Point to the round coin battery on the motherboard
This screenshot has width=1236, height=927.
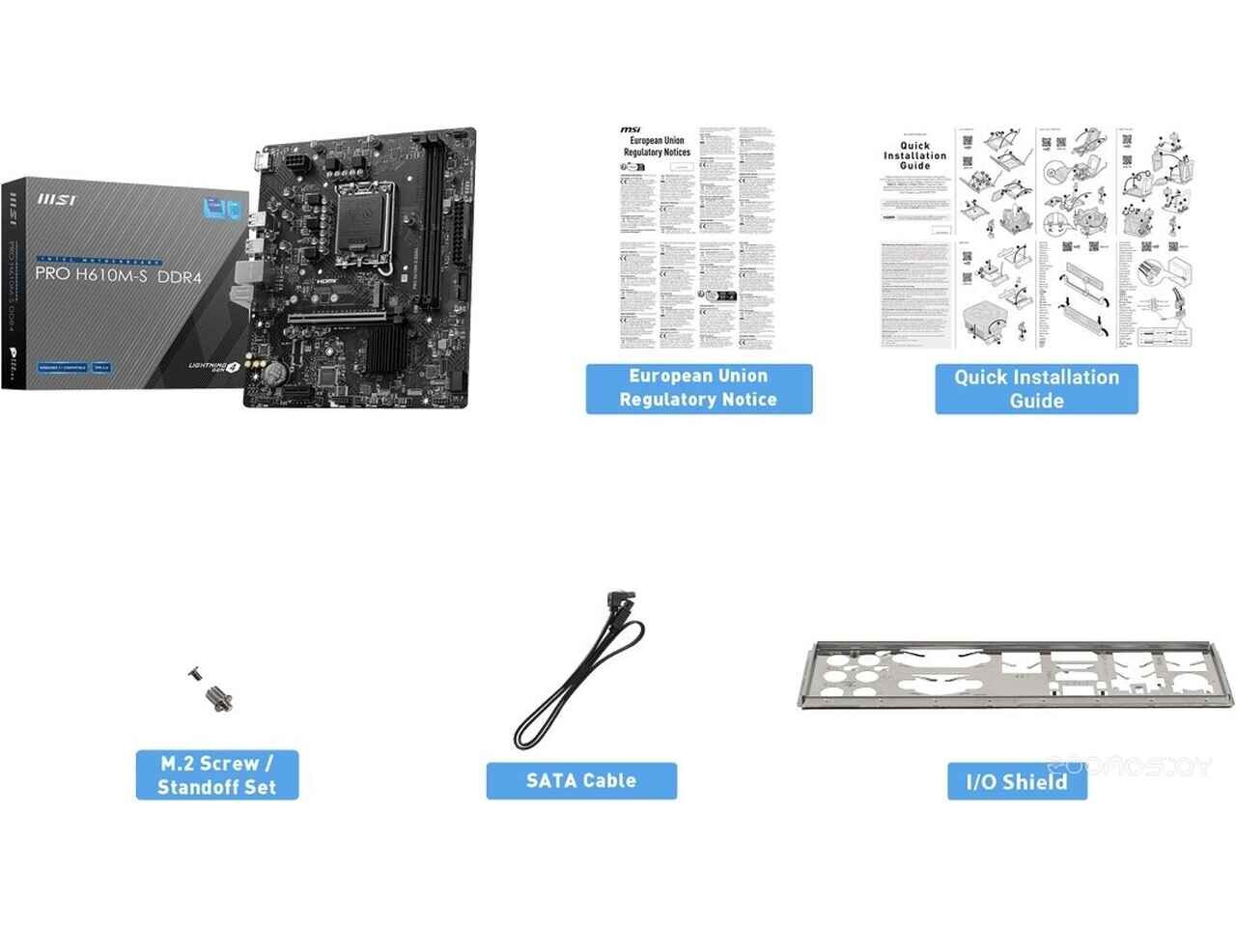[276, 370]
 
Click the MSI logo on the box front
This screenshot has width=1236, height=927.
[57, 200]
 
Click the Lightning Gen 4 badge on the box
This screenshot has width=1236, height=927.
[215, 367]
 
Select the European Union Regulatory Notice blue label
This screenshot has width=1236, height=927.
[698, 388]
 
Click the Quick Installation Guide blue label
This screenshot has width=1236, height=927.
[1036, 389]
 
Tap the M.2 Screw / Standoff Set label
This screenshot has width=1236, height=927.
[216, 774]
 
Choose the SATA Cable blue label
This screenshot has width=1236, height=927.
[580, 780]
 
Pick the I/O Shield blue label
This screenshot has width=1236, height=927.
[1017, 781]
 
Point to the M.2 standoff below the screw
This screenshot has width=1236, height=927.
[219, 697]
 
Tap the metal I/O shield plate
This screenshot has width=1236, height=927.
[1014, 676]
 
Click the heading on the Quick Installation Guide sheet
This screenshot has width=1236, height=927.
[914, 155]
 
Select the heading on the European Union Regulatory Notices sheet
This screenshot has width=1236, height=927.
[657, 146]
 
